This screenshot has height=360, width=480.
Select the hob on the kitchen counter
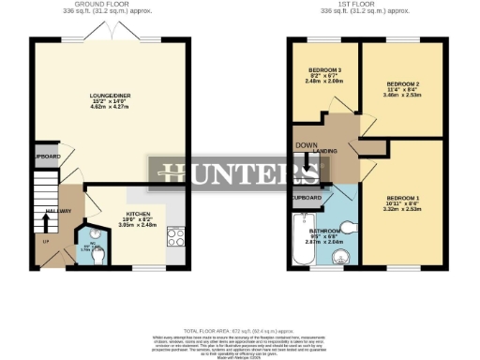tap(174, 233)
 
